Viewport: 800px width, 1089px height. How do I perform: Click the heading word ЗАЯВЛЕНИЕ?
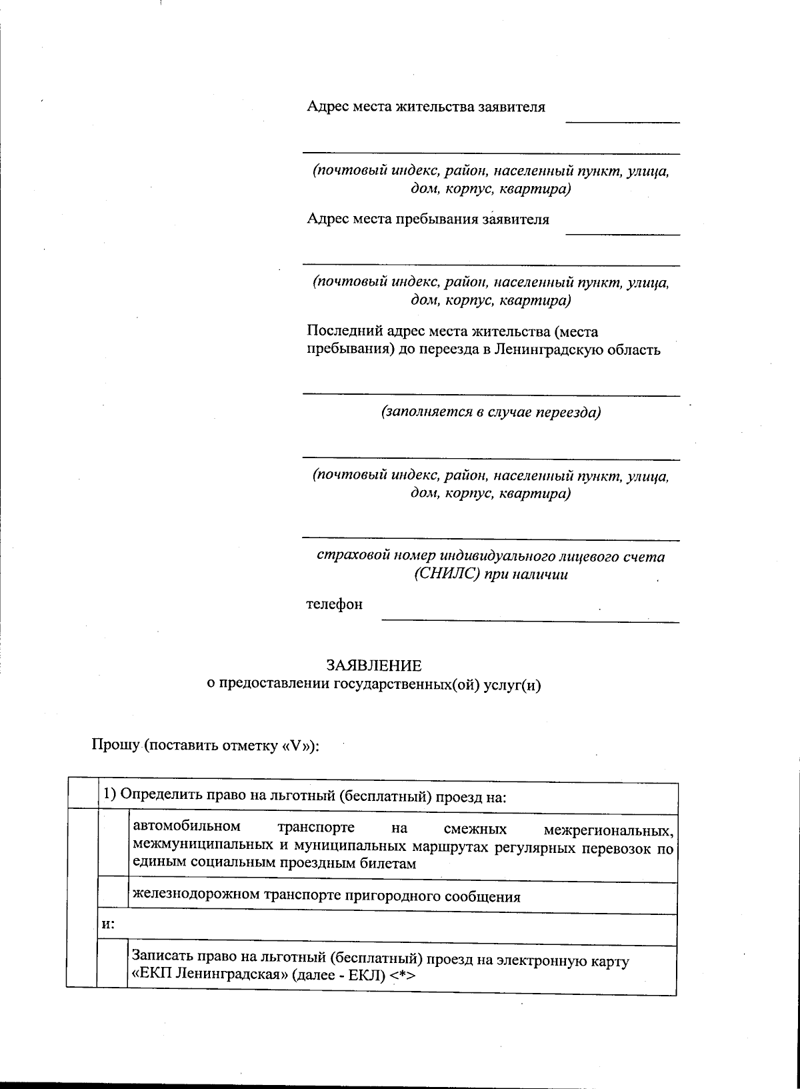coord(373,666)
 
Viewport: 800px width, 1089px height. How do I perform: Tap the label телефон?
coord(334,604)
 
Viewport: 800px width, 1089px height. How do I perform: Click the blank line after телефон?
coord(530,617)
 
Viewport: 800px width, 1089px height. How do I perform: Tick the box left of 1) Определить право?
coord(83,794)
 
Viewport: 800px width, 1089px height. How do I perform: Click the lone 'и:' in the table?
coord(107,925)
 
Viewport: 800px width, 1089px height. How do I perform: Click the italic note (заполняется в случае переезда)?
coord(491,412)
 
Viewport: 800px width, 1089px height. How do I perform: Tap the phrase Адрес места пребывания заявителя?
coord(428,219)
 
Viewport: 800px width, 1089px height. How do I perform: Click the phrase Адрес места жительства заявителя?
coord(425,107)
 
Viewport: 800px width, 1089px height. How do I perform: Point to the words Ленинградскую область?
coord(577,349)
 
